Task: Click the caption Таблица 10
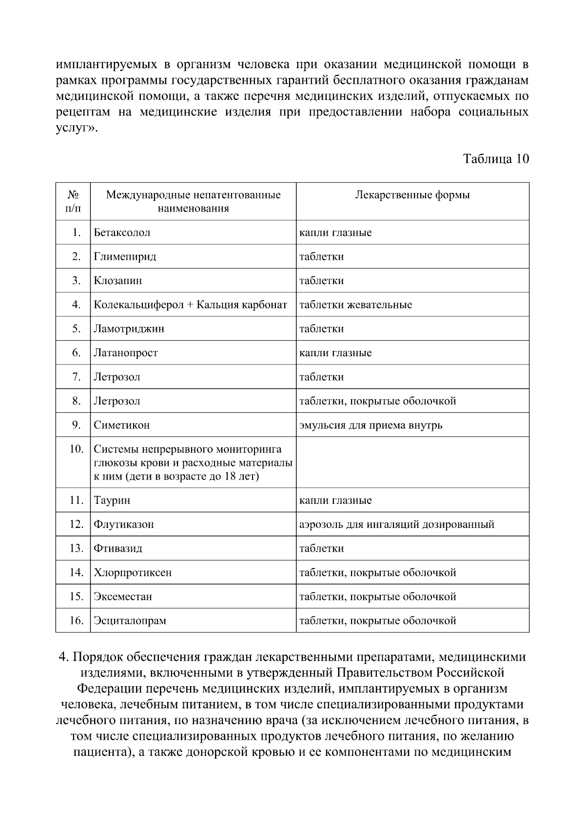[x=495, y=159]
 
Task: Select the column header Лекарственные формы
[x=412, y=195]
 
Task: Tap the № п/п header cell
[x=73, y=201]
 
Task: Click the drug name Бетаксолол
[x=122, y=232]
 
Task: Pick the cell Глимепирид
[x=125, y=256]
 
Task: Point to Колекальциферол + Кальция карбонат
[x=190, y=305]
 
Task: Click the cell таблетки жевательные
[x=355, y=305]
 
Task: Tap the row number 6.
[x=76, y=352]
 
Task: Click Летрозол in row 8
[x=117, y=401]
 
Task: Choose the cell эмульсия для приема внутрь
[x=370, y=425]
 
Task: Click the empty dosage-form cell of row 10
[x=412, y=462]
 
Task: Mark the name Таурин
[x=112, y=500]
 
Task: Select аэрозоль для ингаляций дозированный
[x=396, y=524]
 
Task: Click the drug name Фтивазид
[x=118, y=548]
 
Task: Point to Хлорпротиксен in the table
[x=133, y=572]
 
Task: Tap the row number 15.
[x=76, y=596]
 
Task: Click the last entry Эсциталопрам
[x=130, y=620]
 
